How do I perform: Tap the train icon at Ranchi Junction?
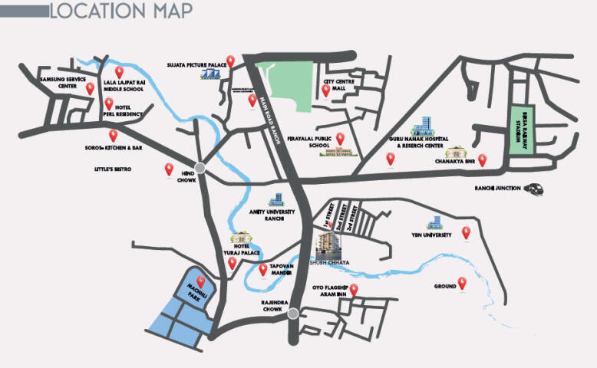(533, 189)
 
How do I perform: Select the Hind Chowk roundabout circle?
(200, 169)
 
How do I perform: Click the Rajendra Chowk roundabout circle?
(293, 312)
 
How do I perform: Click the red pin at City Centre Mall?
(325, 90)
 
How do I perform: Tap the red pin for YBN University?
(466, 233)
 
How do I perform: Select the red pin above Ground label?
(462, 282)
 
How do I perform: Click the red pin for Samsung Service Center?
(90, 88)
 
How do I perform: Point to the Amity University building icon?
(275, 200)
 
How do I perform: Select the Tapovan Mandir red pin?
(263, 269)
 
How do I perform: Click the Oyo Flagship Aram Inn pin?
(354, 289)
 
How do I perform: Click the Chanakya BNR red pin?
(482, 159)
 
